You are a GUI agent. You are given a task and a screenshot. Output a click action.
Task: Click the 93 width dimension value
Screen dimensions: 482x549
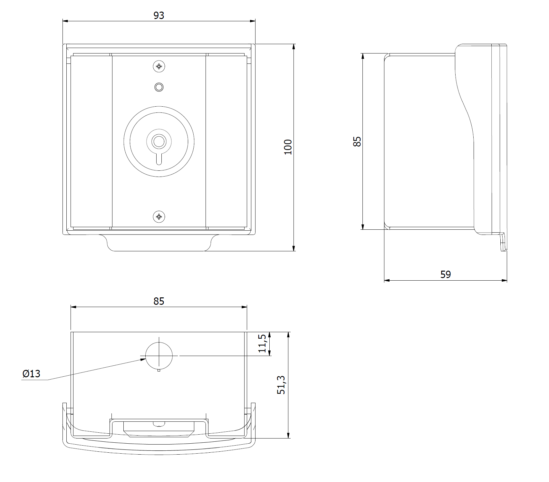click(159, 15)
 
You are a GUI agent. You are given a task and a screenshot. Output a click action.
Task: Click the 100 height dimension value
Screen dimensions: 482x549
click(288, 147)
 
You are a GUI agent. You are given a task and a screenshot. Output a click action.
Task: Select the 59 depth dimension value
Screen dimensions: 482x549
click(446, 275)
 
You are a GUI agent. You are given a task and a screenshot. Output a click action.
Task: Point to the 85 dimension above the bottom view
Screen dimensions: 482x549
click(159, 301)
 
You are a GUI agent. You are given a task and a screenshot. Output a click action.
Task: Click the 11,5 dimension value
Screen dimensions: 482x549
click(263, 343)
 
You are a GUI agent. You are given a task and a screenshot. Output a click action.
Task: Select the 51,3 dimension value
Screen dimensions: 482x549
click(282, 385)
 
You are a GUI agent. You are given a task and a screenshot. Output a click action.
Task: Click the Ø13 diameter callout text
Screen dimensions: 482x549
click(31, 374)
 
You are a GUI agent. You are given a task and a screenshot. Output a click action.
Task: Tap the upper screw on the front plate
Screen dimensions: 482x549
click(159, 66)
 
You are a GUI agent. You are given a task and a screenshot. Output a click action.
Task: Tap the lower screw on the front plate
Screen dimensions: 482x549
click(159, 217)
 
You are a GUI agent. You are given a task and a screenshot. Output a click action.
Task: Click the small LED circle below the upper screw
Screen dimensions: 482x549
click(159, 87)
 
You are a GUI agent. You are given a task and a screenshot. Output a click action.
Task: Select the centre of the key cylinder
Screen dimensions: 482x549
click(159, 141)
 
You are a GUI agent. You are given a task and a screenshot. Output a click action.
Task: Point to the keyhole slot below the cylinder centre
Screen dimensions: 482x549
click(159, 159)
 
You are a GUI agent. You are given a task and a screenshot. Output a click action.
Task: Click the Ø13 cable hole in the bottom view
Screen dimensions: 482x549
click(159, 356)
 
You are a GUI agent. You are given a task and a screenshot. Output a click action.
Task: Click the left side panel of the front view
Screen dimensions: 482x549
click(91, 142)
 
